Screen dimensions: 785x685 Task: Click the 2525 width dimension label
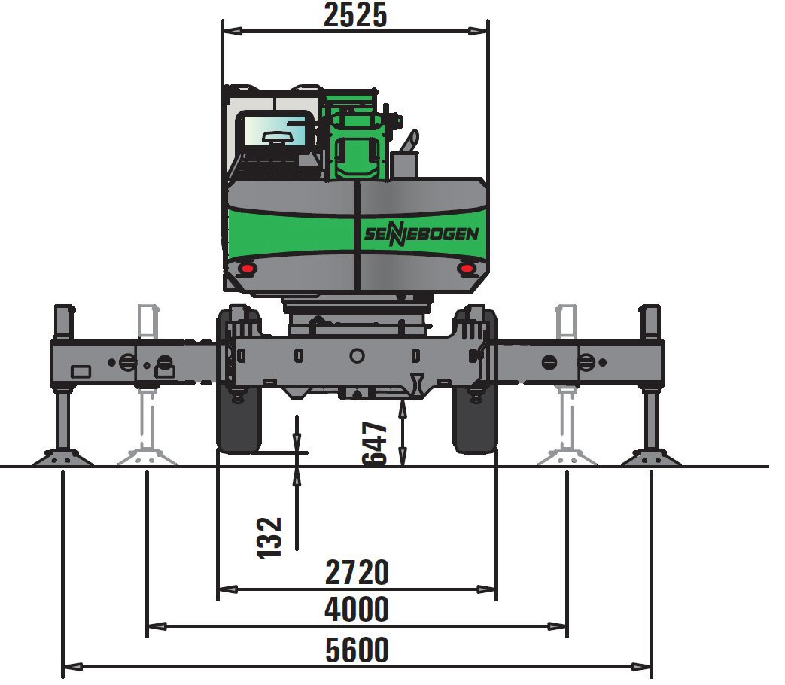355,14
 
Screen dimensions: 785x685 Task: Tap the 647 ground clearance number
375,443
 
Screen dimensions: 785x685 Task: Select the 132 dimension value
269,537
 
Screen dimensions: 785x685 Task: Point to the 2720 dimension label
357,573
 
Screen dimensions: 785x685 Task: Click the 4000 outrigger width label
357,610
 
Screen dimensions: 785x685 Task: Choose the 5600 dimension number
357,650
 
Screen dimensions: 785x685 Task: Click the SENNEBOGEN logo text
421,234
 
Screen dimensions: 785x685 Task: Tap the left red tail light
247,269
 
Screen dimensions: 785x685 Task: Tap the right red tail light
467,269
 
